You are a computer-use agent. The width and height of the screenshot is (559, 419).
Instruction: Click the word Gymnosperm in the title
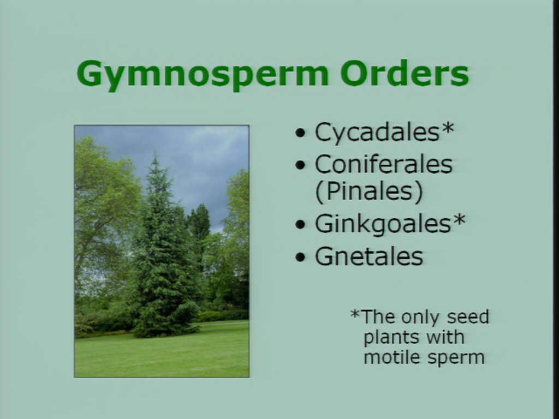(202, 75)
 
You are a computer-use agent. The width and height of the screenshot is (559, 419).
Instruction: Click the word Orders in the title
(405, 73)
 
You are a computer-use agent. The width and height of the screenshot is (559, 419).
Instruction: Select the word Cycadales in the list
(377, 132)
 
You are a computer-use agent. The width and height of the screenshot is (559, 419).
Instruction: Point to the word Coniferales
(384, 165)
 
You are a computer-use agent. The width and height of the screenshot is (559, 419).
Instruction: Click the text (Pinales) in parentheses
(369, 191)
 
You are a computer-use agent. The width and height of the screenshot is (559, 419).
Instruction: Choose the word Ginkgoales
(383, 224)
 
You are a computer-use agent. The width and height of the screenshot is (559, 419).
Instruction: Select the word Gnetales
(369, 256)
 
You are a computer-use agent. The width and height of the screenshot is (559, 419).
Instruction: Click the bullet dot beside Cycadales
(301, 133)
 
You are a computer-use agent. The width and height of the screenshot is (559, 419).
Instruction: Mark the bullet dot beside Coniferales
(301, 165)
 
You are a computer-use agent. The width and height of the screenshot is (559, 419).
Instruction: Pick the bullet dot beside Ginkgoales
(301, 224)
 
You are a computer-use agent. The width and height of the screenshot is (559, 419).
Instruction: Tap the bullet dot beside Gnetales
(301, 256)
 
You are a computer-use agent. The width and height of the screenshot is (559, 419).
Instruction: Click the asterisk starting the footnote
(355, 314)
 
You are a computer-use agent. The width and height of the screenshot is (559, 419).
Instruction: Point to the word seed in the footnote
(468, 317)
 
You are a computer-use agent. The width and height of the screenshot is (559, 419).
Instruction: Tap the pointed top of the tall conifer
(155, 154)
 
